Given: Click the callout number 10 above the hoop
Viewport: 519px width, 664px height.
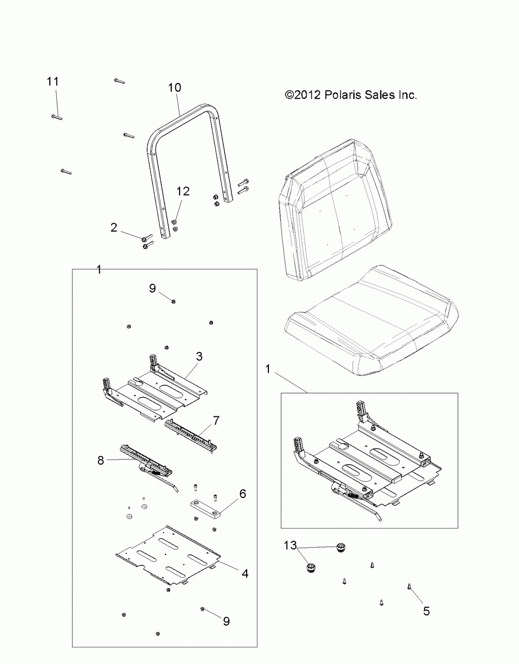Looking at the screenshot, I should click(174, 88).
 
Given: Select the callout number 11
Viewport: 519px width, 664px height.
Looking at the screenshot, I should click(52, 82).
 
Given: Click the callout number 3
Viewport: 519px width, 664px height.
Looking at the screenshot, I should click(199, 356).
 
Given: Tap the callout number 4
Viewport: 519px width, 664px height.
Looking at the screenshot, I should click(244, 574).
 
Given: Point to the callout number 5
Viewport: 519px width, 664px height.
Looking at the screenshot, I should click(426, 611).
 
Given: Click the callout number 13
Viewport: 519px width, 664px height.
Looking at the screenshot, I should click(291, 545).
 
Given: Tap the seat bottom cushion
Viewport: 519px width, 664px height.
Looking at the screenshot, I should click(374, 317).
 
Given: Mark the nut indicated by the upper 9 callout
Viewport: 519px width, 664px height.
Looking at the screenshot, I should click(173, 301).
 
